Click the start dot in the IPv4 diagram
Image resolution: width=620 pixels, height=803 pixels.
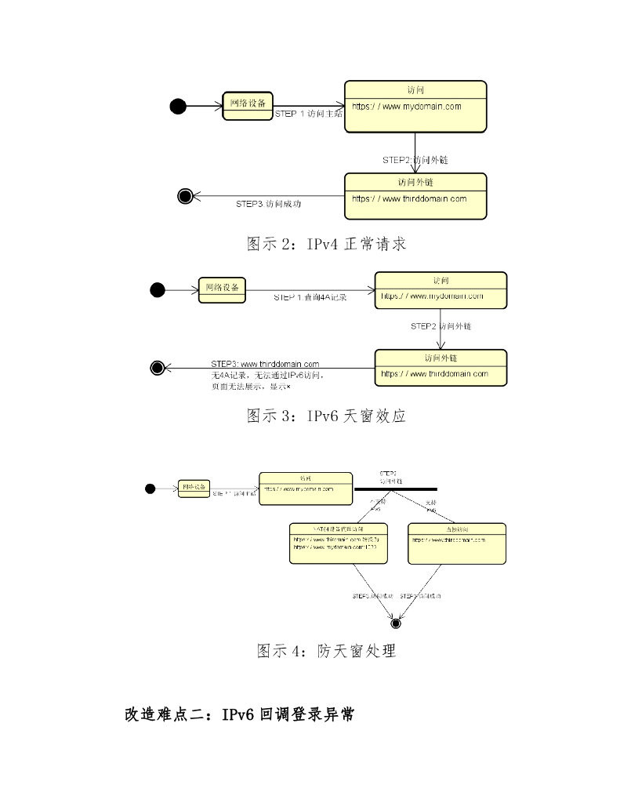pyautogui.click(x=178, y=106)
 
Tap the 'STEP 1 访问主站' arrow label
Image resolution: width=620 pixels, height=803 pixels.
pyautogui.click(x=308, y=114)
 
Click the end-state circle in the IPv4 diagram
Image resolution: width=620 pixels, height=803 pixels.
pyautogui.click(x=186, y=196)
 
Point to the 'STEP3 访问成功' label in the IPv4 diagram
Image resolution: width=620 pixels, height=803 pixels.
pyautogui.click(x=269, y=204)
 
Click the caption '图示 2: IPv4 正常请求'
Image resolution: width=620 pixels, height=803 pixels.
pyautogui.click(x=327, y=244)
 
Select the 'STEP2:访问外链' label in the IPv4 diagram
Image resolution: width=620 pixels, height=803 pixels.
pyautogui.click(x=415, y=159)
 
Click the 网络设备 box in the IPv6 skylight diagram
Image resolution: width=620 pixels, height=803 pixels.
pyautogui.click(x=222, y=289)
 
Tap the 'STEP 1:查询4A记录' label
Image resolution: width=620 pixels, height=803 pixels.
pyautogui.click(x=310, y=298)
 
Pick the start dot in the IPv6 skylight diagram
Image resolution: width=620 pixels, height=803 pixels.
pyautogui.click(x=158, y=291)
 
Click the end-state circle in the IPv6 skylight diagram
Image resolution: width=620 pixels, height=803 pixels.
pyautogui.click(x=157, y=367)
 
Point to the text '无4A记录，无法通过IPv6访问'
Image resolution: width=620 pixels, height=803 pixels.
pyautogui.click(x=263, y=376)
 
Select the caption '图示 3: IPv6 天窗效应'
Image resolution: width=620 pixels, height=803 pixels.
pyautogui.click(x=327, y=416)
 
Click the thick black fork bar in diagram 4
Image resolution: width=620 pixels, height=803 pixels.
pyautogui.click(x=395, y=489)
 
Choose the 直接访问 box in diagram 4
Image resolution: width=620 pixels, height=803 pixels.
pyautogui.click(x=457, y=543)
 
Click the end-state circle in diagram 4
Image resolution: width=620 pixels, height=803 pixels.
pyautogui.click(x=396, y=623)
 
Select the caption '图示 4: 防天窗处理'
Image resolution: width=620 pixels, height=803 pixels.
pyautogui.click(x=327, y=650)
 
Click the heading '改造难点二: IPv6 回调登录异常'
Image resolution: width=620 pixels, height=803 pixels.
pyautogui.click(x=239, y=714)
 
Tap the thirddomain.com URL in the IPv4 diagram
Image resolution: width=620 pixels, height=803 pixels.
pyautogui.click(x=409, y=198)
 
